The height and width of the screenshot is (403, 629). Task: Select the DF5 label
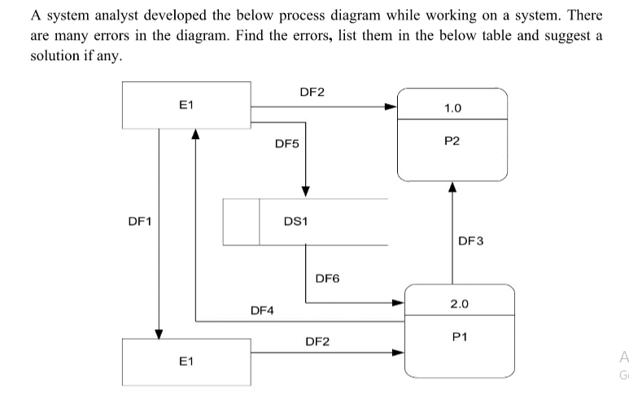[287, 144]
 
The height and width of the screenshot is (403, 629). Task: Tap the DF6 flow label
[327, 279]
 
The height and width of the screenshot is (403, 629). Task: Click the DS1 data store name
[295, 220]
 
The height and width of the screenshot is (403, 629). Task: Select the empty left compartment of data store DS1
[242, 221]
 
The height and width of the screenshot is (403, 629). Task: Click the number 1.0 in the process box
[453, 107]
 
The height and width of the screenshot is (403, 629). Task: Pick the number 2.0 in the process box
[459, 304]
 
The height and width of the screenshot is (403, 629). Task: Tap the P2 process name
[452, 141]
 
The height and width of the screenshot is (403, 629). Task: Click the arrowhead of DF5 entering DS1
[306, 190]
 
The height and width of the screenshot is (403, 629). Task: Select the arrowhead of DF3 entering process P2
[452, 188]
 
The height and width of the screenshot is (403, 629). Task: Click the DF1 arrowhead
[159, 334]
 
